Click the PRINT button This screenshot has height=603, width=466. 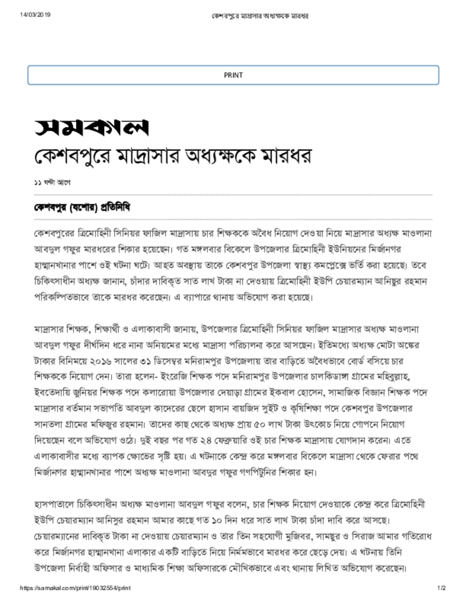click(233, 75)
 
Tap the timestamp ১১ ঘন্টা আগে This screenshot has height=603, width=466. click(52, 183)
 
